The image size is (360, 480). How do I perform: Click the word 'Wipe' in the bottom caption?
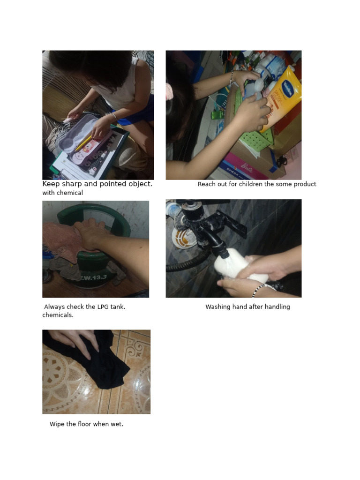[57, 424]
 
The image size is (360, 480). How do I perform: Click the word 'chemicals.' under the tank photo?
[58, 315]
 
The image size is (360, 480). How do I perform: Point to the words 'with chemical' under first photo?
[62, 193]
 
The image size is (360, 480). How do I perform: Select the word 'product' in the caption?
[304, 184]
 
